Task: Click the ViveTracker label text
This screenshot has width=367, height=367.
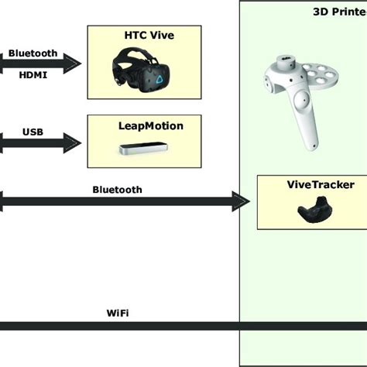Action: coord(311,185)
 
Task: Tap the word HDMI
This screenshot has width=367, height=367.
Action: coord(32,74)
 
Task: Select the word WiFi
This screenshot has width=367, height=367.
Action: coord(117,314)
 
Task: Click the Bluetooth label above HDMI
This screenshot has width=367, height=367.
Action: coord(33,53)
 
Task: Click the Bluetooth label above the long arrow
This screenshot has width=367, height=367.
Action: coord(117,189)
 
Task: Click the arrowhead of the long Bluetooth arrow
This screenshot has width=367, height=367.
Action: coord(239,203)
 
